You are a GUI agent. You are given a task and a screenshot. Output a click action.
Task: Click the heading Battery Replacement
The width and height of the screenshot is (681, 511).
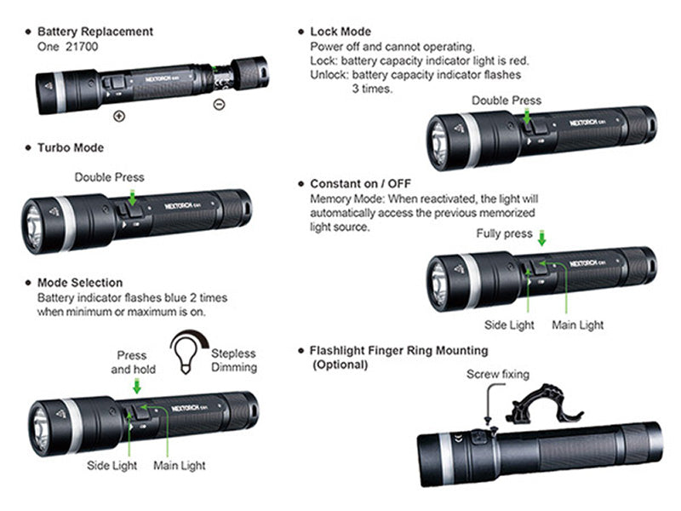(95, 32)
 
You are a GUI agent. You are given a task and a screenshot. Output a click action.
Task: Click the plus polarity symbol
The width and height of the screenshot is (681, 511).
(118, 116)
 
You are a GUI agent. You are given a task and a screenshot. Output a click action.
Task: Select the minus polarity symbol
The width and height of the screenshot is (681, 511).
(219, 105)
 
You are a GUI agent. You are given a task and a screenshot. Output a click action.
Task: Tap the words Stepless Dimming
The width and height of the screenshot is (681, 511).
(232, 360)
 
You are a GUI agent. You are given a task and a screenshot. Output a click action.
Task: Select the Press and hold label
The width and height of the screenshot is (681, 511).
(133, 362)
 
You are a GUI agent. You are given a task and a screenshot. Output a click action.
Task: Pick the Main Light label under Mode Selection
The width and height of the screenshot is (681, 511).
(179, 466)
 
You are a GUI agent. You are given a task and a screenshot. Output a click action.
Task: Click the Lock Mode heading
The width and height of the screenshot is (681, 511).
(340, 32)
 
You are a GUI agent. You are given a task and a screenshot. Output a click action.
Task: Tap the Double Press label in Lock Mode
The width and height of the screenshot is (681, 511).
(506, 100)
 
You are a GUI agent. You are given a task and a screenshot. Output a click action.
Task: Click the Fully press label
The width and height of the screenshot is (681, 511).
(505, 233)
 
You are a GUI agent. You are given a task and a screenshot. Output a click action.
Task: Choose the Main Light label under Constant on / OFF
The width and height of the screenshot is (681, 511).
(578, 324)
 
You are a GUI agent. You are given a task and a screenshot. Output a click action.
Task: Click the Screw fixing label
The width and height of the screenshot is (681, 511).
(498, 374)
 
